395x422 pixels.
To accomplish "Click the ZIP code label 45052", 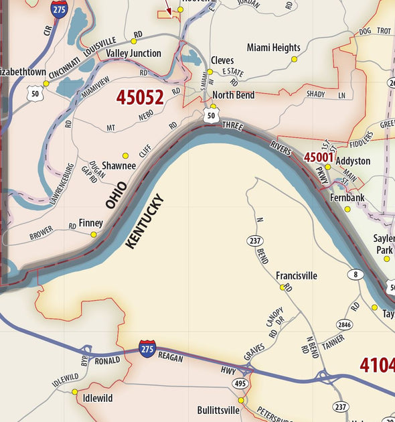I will pyautogui.click(x=139, y=98).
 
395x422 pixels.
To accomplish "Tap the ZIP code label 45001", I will pyautogui.click(x=318, y=157).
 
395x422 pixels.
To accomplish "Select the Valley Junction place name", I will pyautogui.click(x=133, y=53).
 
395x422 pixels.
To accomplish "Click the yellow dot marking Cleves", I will pyautogui.click(x=210, y=72).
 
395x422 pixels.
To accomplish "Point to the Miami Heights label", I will pyautogui.click(x=273, y=48).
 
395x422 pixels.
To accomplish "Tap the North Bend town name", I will pyautogui.click(x=233, y=95).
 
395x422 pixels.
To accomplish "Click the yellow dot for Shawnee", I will pyautogui.click(x=125, y=155).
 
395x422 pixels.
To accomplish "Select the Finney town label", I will pyautogui.click(x=90, y=222).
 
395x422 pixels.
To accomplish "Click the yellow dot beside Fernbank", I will pyautogui.click(x=347, y=209).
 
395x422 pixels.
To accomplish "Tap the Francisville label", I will pyautogui.click(x=296, y=275).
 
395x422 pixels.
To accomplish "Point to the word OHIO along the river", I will pyautogui.click(x=116, y=193).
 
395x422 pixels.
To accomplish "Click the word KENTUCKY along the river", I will pyautogui.click(x=144, y=222).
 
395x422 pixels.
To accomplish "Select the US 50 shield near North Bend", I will pyautogui.click(x=211, y=117).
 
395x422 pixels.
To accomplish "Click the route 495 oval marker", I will pyautogui.click(x=240, y=382).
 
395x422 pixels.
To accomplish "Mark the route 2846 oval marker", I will pyautogui.click(x=343, y=324).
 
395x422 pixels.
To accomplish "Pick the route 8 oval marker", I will pyautogui.click(x=354, y=274).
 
